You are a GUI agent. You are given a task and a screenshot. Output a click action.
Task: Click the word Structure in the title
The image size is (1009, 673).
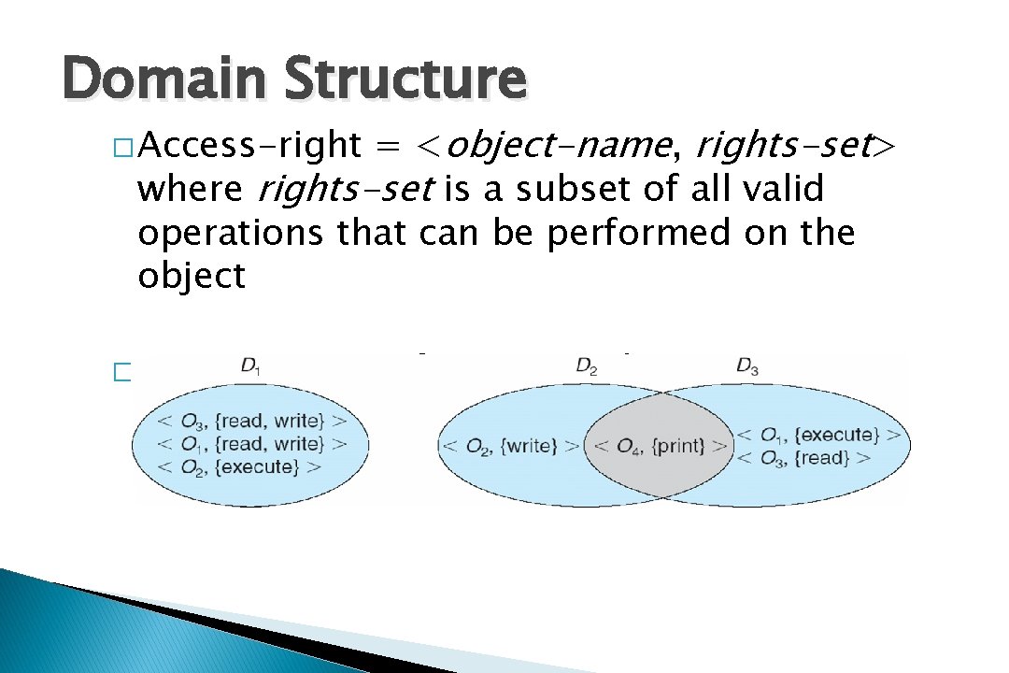405,79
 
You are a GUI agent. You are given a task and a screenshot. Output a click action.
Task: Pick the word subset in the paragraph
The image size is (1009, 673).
557,190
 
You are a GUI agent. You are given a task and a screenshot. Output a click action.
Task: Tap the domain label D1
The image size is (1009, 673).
250,367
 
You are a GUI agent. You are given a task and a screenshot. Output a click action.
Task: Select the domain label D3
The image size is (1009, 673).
747,367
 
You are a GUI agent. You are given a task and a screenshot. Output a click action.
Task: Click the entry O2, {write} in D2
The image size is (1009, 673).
510,446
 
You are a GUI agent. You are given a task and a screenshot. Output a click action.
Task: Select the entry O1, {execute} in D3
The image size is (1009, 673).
819,435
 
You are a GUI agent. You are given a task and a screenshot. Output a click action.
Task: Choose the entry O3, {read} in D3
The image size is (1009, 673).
804,457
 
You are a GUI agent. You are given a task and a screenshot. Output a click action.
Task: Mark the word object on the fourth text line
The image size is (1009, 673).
192,276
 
